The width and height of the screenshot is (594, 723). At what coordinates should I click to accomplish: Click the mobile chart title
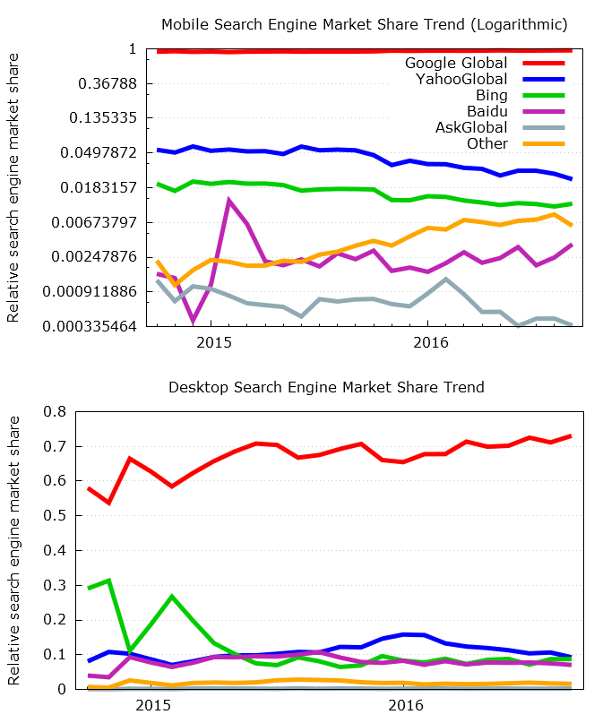coord(364,23)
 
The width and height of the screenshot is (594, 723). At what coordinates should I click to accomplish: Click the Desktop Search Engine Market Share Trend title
coord(326,387)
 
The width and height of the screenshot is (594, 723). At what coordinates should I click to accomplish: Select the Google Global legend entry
coord(456,63)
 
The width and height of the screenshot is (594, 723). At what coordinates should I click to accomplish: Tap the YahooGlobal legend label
coord(461,79)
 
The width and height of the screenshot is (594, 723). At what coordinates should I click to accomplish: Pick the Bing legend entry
coord(492,95)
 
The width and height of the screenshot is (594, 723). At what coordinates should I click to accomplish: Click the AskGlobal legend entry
coord(471,127)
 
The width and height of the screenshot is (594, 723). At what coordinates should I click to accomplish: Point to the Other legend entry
coord(487,143)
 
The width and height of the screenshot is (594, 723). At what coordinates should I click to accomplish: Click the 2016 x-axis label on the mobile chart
coord(431,342)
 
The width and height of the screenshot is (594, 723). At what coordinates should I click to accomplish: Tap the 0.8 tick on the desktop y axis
coord(56,412)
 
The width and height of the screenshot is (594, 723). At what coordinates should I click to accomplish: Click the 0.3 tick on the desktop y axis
coord(56,585)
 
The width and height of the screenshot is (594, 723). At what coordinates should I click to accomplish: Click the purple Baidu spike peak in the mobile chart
coord(229,201)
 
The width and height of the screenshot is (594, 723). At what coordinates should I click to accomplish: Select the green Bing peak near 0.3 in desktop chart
coord(108,581)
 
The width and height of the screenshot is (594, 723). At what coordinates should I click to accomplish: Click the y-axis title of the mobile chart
coord(13,187)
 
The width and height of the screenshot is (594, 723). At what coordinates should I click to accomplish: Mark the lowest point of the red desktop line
coord(108,503)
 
